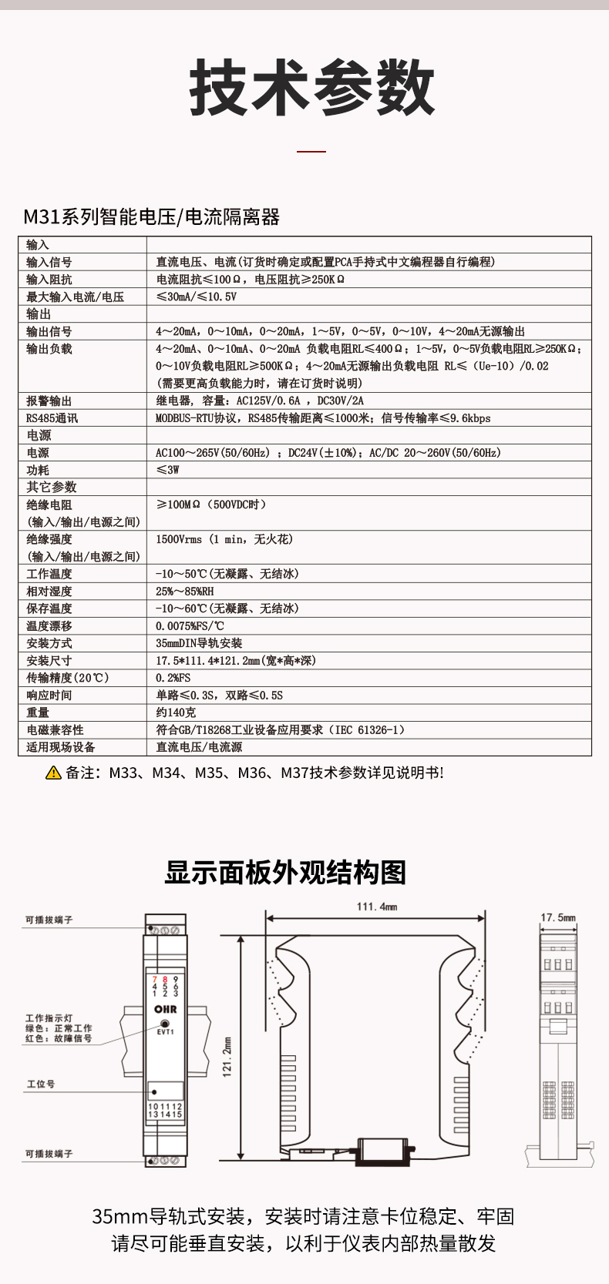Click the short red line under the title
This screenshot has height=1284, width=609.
click(x=311, y=152)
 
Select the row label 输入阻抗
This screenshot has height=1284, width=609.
click(x=49, y=280)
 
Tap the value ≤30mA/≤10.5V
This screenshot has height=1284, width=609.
click(x=197, y=297)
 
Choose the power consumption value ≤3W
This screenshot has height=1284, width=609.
click(x=167, y=470)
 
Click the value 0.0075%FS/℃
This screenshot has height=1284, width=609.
click(x=190, y=626)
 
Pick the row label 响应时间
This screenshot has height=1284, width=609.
click(x=49, y=696)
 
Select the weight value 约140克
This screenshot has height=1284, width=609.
click(x=176, y=712)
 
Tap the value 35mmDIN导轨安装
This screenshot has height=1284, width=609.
click(x=199, y=643)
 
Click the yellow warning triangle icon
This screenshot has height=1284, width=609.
click(x=53, y=773)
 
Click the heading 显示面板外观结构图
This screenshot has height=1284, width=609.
click(x=285, y=873)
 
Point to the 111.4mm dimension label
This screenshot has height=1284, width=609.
click(x=377, y=907)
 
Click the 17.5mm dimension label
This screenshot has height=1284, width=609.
click(x=558, y=917)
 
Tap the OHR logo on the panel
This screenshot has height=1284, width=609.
click(x=166, y=1009)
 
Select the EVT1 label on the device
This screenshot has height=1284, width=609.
click(x=165, y=1031)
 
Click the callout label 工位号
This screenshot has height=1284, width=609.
click(x=41, y=1084)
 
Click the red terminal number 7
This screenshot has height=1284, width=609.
click(x=155, y=979)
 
